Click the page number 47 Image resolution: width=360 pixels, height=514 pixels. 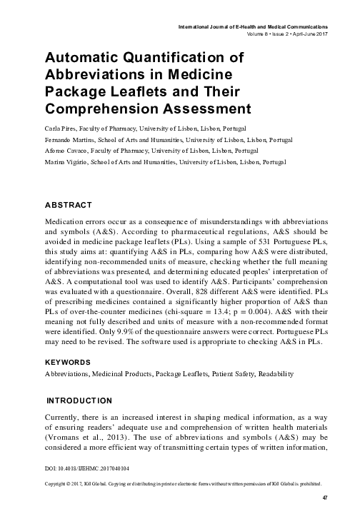(324, 497)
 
